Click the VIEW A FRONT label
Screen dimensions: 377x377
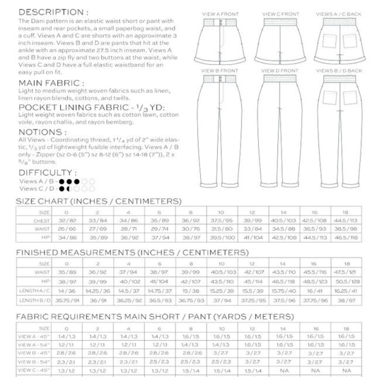(x=220, y=14)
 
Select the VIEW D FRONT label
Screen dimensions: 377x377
(x=280, y=71)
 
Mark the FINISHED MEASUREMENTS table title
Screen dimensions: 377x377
(x=132, y=253)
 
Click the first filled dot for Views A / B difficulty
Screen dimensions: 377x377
(x=62, y=181)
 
